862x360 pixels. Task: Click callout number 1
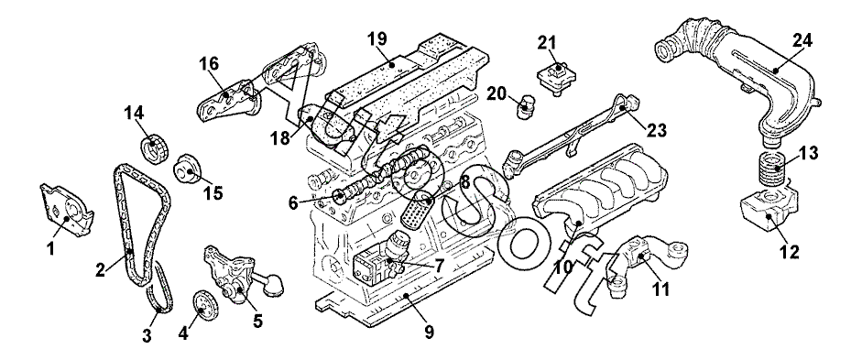[x=50, y=249]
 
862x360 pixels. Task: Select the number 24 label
[x=802, y=40]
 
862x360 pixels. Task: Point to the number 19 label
[x=376, y=38]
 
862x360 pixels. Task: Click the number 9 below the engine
[x=429, y=332]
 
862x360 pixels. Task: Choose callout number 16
[x=210, y=64]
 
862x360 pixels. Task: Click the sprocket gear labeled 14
[x=155, y=148]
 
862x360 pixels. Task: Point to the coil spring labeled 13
[x=774, y=169]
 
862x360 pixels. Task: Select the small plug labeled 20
[x=528, y=106]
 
